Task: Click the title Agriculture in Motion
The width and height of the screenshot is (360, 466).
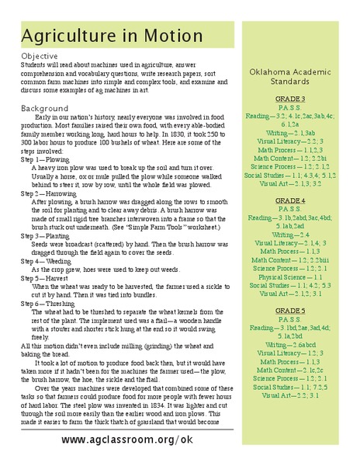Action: coord(112,37)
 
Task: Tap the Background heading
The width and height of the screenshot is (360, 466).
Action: coord(45,108)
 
